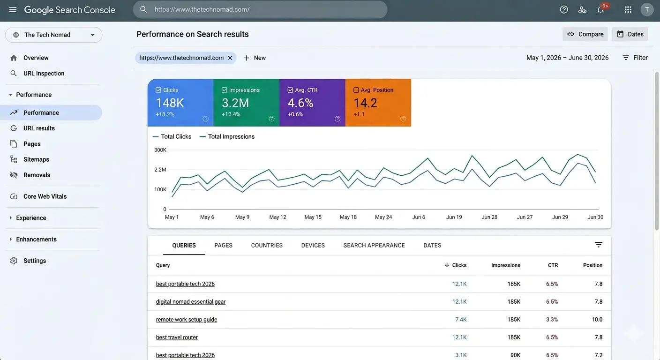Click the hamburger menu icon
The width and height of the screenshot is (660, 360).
pyautogui.click(x=13, y=10)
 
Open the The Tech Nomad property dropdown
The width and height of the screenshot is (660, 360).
pyautogui.click(x=54, y=35)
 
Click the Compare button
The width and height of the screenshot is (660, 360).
pyautogui.click(x=585, y=34)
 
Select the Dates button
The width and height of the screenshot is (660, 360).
pyautogui.click(x=630, y=34)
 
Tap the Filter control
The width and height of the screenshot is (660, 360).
pyautogui.click(x=635, y=58)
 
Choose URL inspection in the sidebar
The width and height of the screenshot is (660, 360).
pyautogui.click(x=44, y=74)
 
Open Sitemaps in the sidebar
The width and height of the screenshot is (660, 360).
pyautogui.click(x=36, y=159)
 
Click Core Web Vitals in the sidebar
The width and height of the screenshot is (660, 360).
pyautogui.click(x=45, y=196)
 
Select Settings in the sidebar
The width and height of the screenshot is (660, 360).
pyautogui.click(x=35, y=261)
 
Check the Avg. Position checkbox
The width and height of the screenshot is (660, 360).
pyautogui.click(x=356, y=90)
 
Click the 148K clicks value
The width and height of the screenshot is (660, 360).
pyautogui.click(x=170, y=103)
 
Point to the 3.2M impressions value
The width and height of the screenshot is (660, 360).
pyautogui.click(x=235, y=103)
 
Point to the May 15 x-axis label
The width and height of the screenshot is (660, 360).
pyautogui.click(x=313, y=217)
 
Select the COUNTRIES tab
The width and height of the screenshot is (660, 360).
pyautogui.click(x=267, y=245)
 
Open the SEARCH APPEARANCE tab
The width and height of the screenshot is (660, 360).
pyautogui.click(x=374, y=245)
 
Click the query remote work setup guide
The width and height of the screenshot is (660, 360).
pyautogui.click(x=187, y=320)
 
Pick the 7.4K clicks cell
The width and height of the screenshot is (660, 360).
pyautogui.click(x=460, y=320)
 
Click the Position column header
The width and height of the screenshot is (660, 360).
pyautogui.click(x=592, y=265)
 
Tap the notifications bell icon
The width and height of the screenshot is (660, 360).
pyautogui.click(x=600, y=10)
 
